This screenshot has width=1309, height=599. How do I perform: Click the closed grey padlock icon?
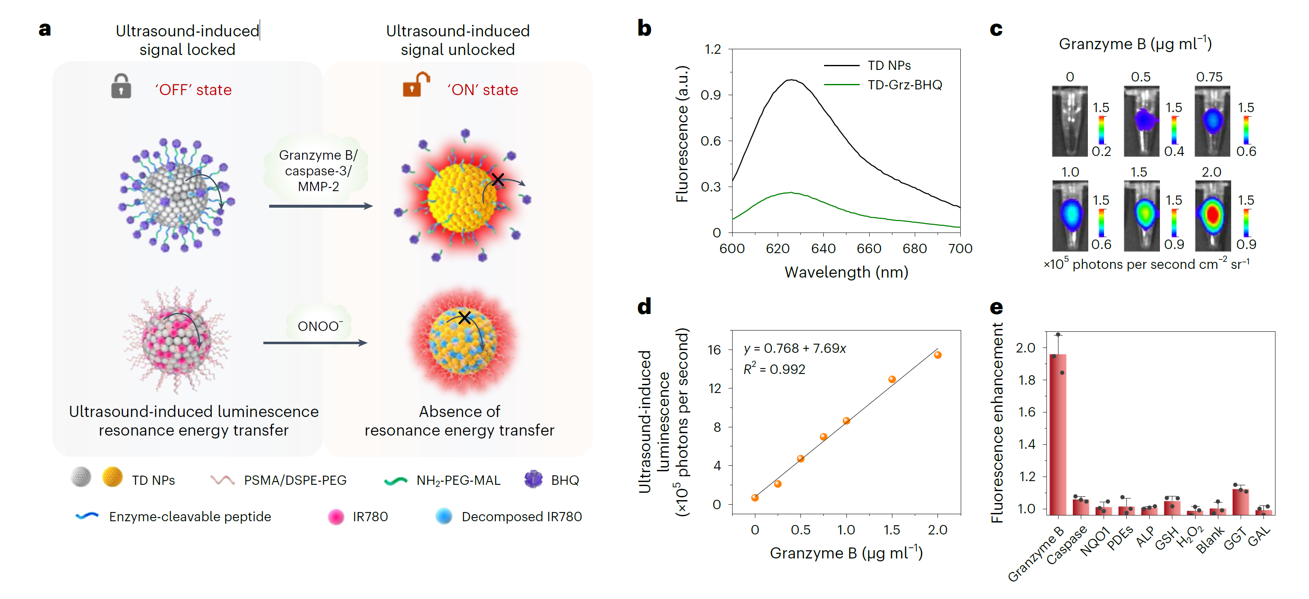click(x=121, y=86)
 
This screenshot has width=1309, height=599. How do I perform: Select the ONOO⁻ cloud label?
click(x=320, y=326)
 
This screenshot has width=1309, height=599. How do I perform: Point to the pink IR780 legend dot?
click(x=336, y=517)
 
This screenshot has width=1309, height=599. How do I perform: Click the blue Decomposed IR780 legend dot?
click(x=444, y=516)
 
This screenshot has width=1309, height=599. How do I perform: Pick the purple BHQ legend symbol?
click(x=533, y=479)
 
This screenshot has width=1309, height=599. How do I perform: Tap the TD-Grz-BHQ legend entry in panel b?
click(x=904, y=85)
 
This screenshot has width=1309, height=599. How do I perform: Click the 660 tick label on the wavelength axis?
click(x=868, y=249)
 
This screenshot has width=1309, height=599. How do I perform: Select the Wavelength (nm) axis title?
click(x=846, y=273)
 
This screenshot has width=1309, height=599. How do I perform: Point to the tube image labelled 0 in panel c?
click(x=1070, y=122)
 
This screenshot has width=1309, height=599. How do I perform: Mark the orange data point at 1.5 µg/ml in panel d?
click(x=892, y=379)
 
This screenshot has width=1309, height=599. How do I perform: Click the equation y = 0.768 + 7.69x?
click(x=795, y=349)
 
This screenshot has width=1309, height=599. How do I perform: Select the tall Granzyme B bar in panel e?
click(x=1058, y=434)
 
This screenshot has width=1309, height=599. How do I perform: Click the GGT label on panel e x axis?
click(x=1235, y=539)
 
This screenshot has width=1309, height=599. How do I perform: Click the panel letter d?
click(x=644, y=307)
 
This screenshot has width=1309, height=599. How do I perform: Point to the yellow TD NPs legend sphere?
click(x=112, y=477)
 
